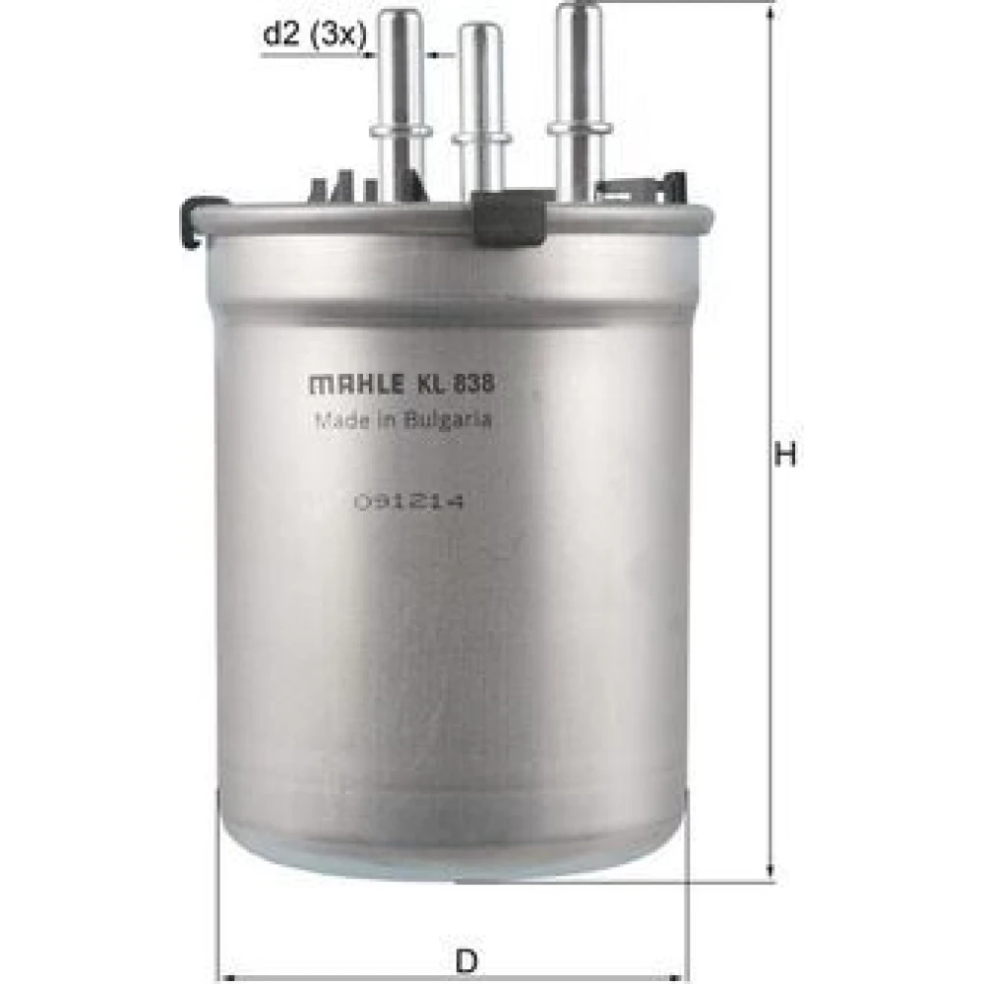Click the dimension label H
[x=784, y=454]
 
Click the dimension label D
[x=466, y=960]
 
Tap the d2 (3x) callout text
[x=314, y=34]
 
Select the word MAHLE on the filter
[x=357, y=384]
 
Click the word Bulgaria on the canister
[x=447, y=420]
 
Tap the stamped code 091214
[x=409, y=502]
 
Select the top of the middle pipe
[x=480, y=31]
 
